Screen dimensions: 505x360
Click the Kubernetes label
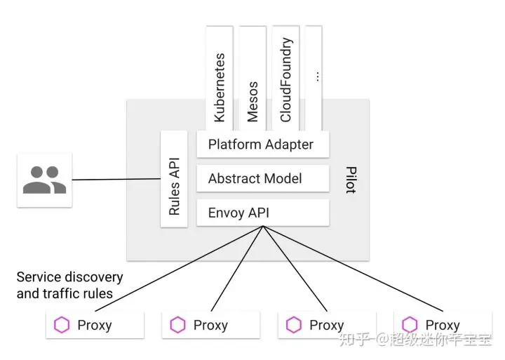click(x=220, y=88)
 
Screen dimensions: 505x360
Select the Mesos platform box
click(x=252, y=79)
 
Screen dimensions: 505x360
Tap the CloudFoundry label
click(x=285, y=79)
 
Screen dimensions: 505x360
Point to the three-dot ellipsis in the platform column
click(x=318, y=76)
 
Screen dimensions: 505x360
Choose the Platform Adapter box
click(x=263, y=144)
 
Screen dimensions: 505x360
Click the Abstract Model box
click(x=263, y=178)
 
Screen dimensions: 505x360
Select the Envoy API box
click(x=263, y=213)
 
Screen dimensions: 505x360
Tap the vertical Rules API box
click(x=174, y=179)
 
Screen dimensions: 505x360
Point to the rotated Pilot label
click(x=351, y=180)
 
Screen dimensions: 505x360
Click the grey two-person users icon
click(x=44, y=180)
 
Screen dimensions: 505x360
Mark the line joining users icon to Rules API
click(x=116, y=179)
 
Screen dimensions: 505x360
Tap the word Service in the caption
click(x=33, y=277)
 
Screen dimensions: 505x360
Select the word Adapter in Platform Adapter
click(x=289, y=145)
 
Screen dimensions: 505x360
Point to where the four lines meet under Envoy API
click(x=263, y=226)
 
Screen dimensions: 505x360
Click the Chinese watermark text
click(x=415, y=339)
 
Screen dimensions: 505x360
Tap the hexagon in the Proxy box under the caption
click(x=62, y=325)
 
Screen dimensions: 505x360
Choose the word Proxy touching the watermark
click(x=443, y=325)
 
